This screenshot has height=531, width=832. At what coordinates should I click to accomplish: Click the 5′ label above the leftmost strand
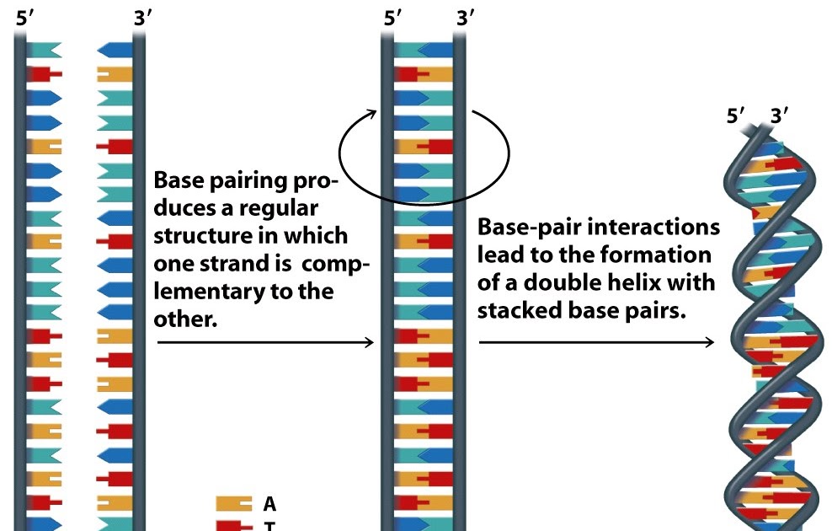[x=26, y=19]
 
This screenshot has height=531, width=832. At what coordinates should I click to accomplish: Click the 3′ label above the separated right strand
[x=142, y=19]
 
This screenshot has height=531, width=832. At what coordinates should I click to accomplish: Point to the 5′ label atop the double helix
[x=738, y=115]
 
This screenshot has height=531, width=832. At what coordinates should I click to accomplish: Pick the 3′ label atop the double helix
[x=779, y=115]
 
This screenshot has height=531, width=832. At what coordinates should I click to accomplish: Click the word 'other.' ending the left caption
[x=181, y=320]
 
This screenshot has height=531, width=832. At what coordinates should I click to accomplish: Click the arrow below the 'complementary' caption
[x=265, y=342]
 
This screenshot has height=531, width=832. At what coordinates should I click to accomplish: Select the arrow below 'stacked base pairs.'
[x=596, y=342]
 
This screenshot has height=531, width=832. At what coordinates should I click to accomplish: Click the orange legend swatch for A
[x=234, y=504]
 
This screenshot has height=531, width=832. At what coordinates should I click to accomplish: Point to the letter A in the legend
[x=269, y=504]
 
